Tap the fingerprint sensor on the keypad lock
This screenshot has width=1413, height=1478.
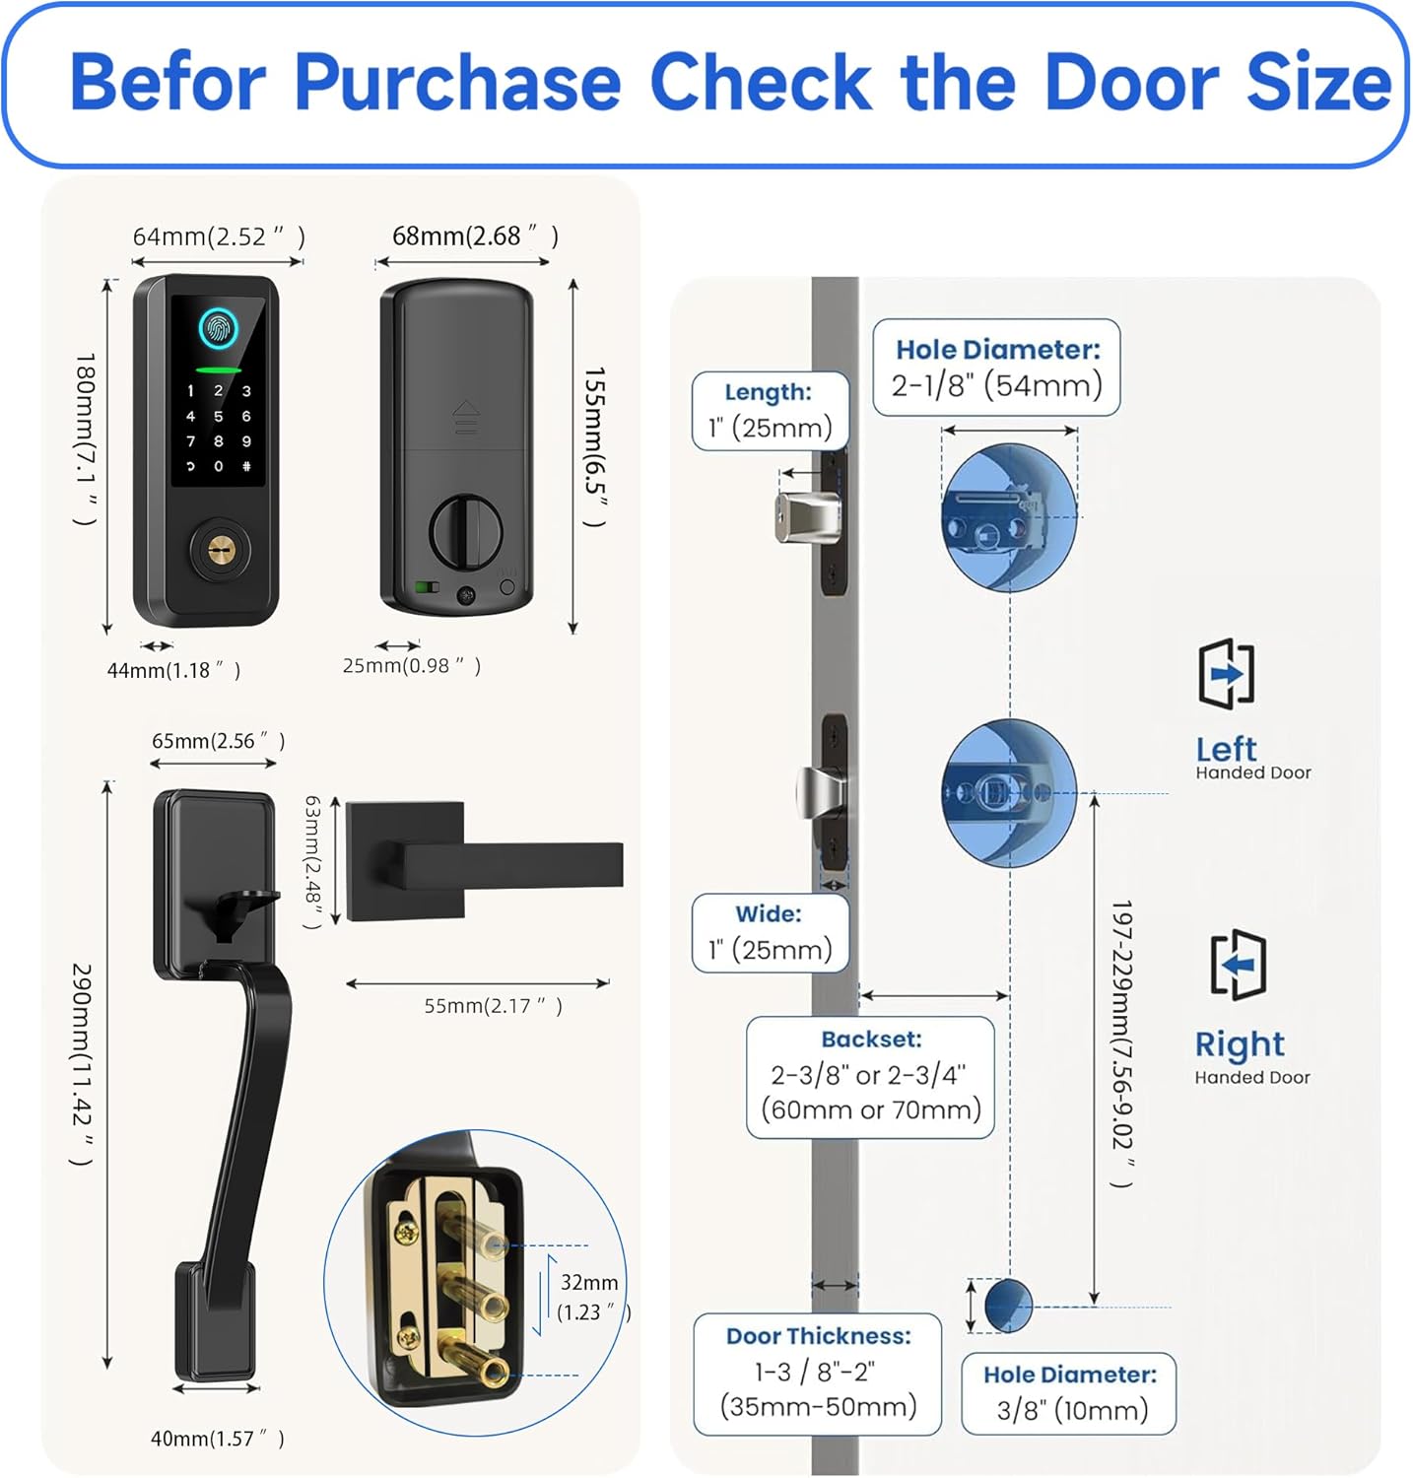click(218, 328)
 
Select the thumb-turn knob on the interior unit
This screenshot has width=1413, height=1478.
click(465, 532)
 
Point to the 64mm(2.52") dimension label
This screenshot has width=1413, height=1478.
click(219, 236)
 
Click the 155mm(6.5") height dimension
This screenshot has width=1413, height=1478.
click(593, 447)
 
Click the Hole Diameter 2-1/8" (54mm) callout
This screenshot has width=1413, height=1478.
click(996, 368)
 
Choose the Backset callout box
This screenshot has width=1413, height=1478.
click(871, 1077)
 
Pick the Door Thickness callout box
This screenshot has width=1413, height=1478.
click(818, 1374)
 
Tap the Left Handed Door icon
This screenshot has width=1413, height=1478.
click(1227, 673)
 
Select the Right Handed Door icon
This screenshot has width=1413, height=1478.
click(1238, 965)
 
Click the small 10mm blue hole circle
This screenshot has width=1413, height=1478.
click(1008, 1306)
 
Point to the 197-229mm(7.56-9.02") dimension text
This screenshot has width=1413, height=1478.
click(1121, 1043)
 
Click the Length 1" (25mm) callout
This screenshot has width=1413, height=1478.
click(770, 411)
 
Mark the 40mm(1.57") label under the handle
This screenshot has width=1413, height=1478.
click(218, 1439)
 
